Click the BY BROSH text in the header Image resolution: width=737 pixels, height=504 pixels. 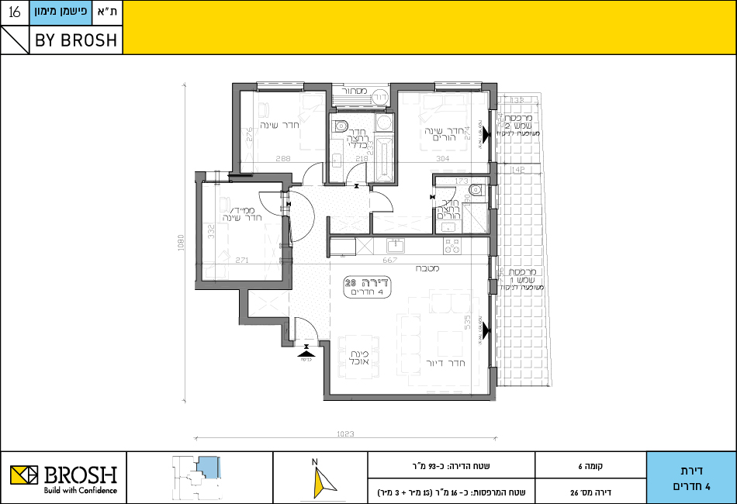click(x=76, y=40)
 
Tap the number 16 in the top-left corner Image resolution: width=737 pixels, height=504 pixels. click(x=15, y=13)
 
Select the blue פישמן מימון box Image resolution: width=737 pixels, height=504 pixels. click(x=61, y=13)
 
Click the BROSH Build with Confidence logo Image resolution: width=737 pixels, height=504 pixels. click(x=64, y=478)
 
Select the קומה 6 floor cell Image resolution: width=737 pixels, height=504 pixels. click(x=590, y=467)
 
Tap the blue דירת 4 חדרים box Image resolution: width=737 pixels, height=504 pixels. click(x=690, y=478)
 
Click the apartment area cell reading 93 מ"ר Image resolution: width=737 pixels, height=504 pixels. click(x=451, y=467)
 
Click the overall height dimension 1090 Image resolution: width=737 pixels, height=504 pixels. click(x=180, y=243)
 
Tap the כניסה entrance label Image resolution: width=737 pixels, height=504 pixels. click(x=307, y=359)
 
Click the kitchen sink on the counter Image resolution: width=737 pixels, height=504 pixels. click(x=396, y=247)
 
